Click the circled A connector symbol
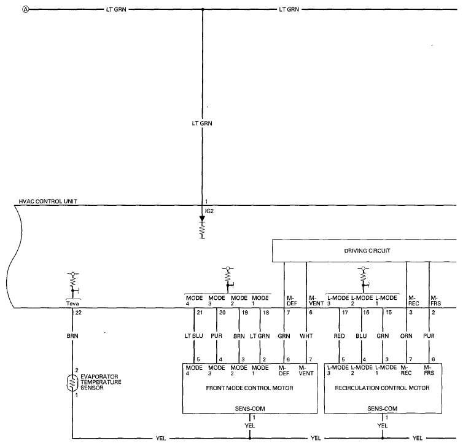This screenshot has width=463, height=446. pyautogui.click(x=26, y=9)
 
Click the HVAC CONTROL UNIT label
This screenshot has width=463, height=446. pyautogui.click(x=48, y=201)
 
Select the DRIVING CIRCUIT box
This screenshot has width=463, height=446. pyautogui.click(x=364, y=251)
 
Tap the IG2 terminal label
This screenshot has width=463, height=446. pyautogui.click(x=209, y=211)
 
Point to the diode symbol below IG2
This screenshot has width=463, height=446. pyautogui.click(x=202, y=219)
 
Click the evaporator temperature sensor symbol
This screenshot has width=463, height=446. pyautogui.click(x=72, y=383)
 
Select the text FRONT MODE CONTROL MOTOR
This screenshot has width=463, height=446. pyautogui.click(x=249, y=388)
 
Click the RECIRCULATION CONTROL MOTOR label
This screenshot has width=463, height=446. pyautogui.click(x=382, y=388)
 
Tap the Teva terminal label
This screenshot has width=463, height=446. pyautogui.click(x=72, y=303)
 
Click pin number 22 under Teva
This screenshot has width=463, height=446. pyautogui.click(x=78, y=313)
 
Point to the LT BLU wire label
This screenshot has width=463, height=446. pyautogui.click(x=193, y=336)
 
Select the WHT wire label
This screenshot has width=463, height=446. pyautogui.click(x=306, y=336)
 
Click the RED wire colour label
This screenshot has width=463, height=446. pyautogui.click(x=340, y=336)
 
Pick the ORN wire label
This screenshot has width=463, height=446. pyautogui.click(x=407, y=336)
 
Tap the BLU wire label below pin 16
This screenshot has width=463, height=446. pyautogui.click(x=361, y=336)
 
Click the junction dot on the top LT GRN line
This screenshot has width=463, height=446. pyautogui.click(x=203, y=9)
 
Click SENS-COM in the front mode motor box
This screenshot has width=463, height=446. pyautogui.click(x=250, y=409)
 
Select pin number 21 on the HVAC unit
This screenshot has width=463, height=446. pyautogui.click(x=200, y=313)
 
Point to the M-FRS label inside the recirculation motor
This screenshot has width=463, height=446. pyautogui.click(x=429, y=370)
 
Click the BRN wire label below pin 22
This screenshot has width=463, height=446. pyautogui.click(x=72, y=336)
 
